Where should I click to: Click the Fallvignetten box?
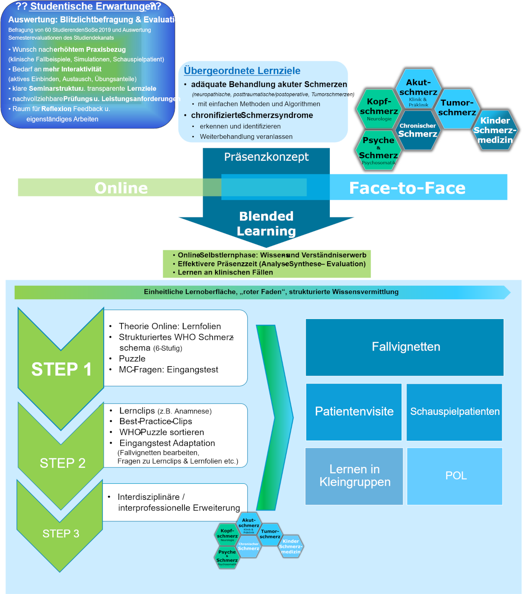[405, 347]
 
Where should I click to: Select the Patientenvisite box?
[354, 412]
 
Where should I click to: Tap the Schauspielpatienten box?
[454, 412]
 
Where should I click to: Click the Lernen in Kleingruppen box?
[354, 476]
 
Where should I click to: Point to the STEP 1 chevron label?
[61, 369]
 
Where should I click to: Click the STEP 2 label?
[63, 463]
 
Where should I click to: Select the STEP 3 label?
[61, 533]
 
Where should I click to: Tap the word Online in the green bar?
[121, 188]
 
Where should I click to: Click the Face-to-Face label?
[407, 188]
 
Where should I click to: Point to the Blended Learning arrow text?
[266, 224]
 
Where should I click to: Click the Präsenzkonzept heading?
[266, 157]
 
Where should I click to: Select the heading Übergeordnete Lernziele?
[242, 71]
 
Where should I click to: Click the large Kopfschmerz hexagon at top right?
[379, 108]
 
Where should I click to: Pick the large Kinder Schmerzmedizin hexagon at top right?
[495, 130]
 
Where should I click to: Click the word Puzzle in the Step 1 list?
[132, 359]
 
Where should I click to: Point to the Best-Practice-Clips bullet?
[156, 422]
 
